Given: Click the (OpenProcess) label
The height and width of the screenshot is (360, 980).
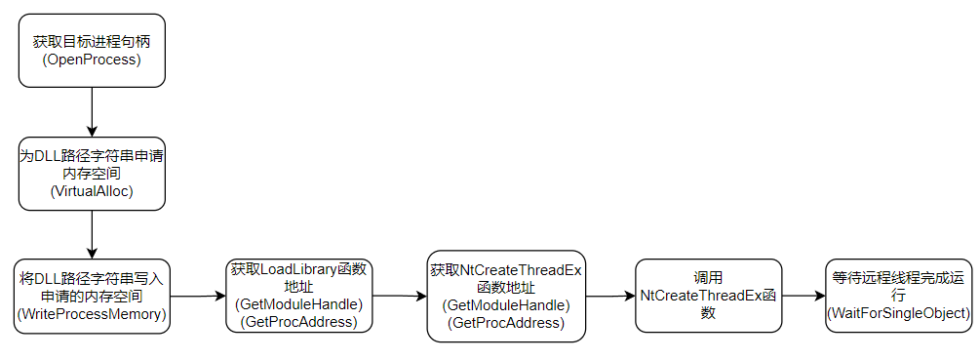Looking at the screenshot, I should [92, 60].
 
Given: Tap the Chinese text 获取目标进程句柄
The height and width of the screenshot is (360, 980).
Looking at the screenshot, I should [92, 42].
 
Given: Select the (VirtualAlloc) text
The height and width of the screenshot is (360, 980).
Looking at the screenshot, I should [92, 192].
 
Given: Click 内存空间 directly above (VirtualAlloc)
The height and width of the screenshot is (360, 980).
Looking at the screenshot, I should [92, 174].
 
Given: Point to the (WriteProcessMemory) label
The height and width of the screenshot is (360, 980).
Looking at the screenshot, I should [92, 314].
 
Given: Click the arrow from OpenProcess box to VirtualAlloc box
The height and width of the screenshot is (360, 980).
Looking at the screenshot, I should [92, 111].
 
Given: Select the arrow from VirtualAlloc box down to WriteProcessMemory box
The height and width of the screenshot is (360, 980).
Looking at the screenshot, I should [92, 234].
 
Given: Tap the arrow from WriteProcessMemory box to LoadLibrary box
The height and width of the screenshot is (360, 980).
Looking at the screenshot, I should [195, 296].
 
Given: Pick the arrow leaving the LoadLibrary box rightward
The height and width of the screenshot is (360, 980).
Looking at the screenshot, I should [400, 296].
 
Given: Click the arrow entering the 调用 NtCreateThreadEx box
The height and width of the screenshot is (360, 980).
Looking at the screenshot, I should [610, 296].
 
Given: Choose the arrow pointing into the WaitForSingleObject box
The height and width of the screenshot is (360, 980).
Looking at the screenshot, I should [804, 296].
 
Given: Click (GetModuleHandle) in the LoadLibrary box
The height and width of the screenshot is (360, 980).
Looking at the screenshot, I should [299, 304].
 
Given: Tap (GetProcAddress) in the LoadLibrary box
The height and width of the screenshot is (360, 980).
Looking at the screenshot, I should [299, 322].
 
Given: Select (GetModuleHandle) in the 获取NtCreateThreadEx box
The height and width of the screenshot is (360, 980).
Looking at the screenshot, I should [506, 305].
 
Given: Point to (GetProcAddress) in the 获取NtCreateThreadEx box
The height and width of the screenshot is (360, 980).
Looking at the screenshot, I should [506, 323].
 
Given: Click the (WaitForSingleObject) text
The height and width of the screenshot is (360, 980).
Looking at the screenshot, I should [898, 313].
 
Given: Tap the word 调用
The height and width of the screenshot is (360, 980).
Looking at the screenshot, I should [708, 277].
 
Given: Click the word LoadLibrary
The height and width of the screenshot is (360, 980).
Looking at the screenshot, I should [302, 268].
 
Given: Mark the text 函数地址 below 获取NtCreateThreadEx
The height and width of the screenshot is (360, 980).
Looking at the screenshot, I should [506, 288].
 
